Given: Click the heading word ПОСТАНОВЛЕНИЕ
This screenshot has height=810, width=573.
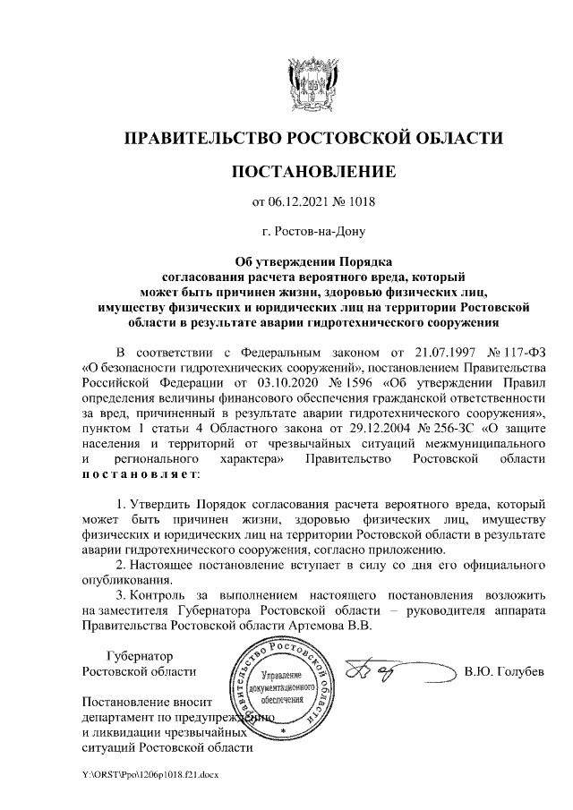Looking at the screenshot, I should tap(312, 169).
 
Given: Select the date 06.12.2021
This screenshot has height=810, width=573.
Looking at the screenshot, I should tap(305, 201).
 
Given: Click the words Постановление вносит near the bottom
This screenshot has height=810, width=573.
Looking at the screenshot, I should tap(145, 701).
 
